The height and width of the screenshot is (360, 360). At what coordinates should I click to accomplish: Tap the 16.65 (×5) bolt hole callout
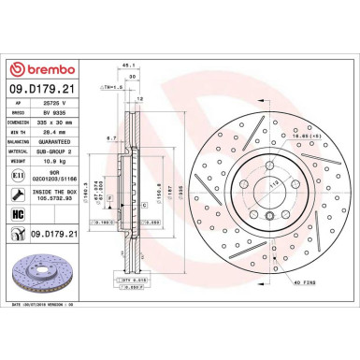(297, 137)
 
